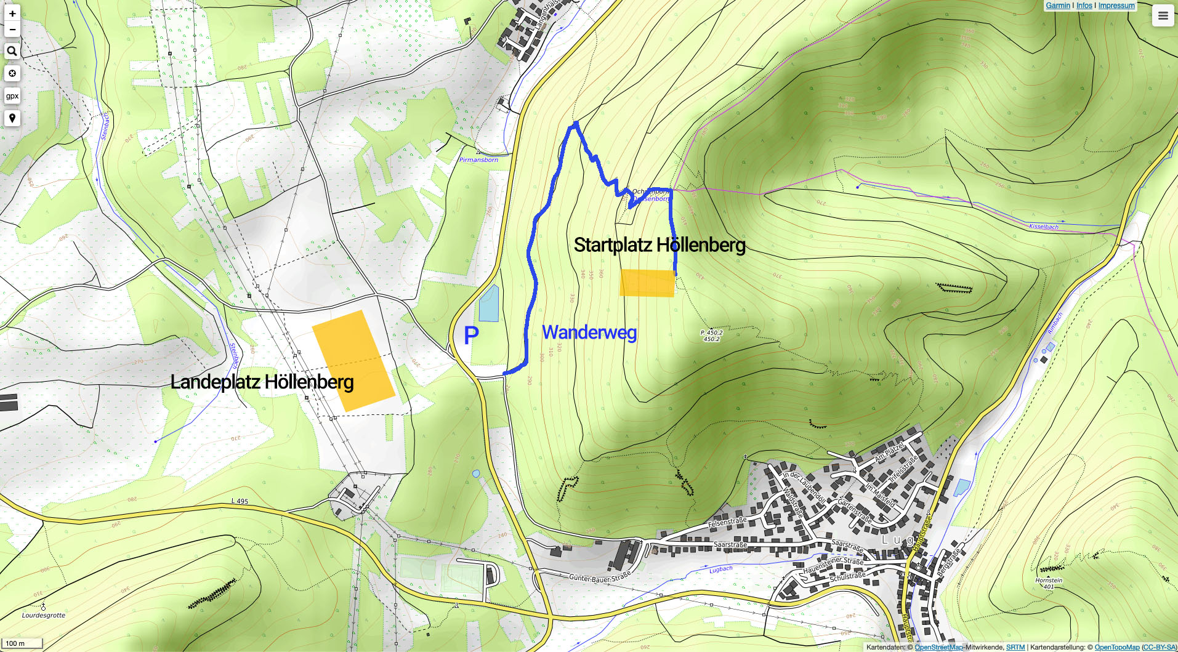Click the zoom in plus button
click(12, 14)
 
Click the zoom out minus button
click(12, 30)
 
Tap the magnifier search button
click(12, 52)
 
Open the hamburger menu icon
click(1163, 16)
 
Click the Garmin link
click(1058, 6)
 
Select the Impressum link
click(1116, 6)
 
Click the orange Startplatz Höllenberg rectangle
click(647, 283)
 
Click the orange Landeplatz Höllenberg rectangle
click(353, 360)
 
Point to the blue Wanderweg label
click(589, 332)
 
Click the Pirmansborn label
click(478, 160)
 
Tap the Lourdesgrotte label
click(43, 615)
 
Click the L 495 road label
click(240, 501)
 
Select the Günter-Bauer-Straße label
click(599, 577)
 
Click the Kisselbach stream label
click(1044, 227)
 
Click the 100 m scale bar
click(22, 643)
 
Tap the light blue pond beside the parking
click(489, 304)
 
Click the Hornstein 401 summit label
click(1049, 583)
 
